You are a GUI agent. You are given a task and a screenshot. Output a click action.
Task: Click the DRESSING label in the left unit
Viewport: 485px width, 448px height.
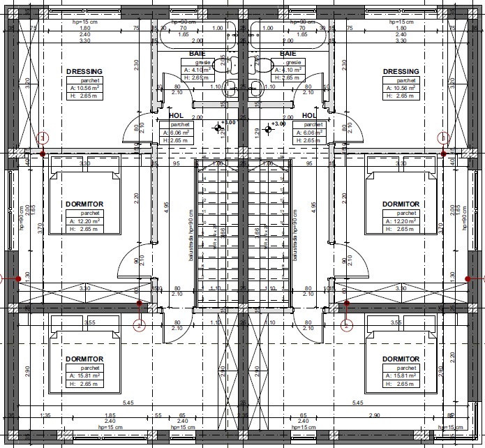click(x=84, y=71)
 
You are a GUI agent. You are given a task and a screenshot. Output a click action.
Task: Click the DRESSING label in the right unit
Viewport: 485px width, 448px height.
click(x=401, y=71)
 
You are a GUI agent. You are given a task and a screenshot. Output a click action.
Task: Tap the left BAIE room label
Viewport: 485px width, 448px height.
click(x=197, y=53)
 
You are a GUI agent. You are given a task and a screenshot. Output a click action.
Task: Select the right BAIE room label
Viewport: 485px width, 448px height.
click(x=288, y=53)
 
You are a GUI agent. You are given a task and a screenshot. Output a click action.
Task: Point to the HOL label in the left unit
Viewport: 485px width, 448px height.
click(x=176, y=116)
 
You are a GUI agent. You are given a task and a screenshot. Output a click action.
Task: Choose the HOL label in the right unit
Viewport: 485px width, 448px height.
click(x=309, y=116)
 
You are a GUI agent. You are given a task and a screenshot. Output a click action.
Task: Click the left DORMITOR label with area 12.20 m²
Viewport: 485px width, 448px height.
click(x=85, y=204)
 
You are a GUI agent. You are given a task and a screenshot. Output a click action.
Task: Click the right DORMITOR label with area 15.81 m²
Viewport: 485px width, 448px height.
click(x=401, y=359)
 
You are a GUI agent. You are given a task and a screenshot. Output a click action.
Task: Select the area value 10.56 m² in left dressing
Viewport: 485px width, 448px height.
click(x=87, y=89)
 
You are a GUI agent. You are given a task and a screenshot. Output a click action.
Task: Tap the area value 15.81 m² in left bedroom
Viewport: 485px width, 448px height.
click(x=87, y=376)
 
